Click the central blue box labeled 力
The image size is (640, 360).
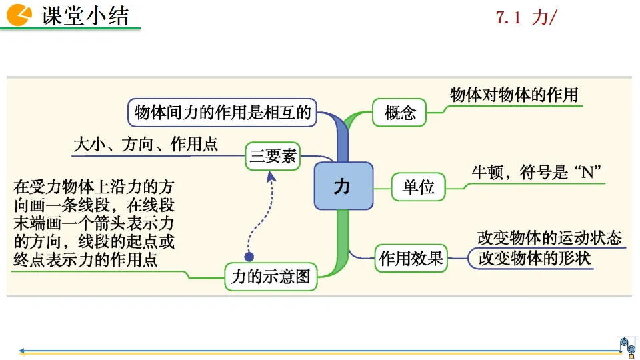pos(342,186)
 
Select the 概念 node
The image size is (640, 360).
pos(400,113)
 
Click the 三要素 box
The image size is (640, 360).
pos(273,157)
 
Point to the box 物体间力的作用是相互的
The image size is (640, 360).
pos(223,112)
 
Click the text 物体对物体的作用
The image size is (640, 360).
pos(514,95)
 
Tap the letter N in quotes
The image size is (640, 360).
pos(587,172)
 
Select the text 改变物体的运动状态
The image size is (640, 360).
pos(549,238)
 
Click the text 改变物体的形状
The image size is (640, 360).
pos(535,258)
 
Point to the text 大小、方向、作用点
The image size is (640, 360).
pos(145,144)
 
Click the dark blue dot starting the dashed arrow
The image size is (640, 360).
pos(249,256)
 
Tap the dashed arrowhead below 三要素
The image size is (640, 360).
pos(271,176)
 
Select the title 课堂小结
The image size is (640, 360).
pos(85,15)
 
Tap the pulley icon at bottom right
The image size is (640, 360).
pos(627,345)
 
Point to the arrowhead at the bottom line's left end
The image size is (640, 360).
pos(22,350)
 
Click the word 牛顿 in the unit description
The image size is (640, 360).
pos(486,172)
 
